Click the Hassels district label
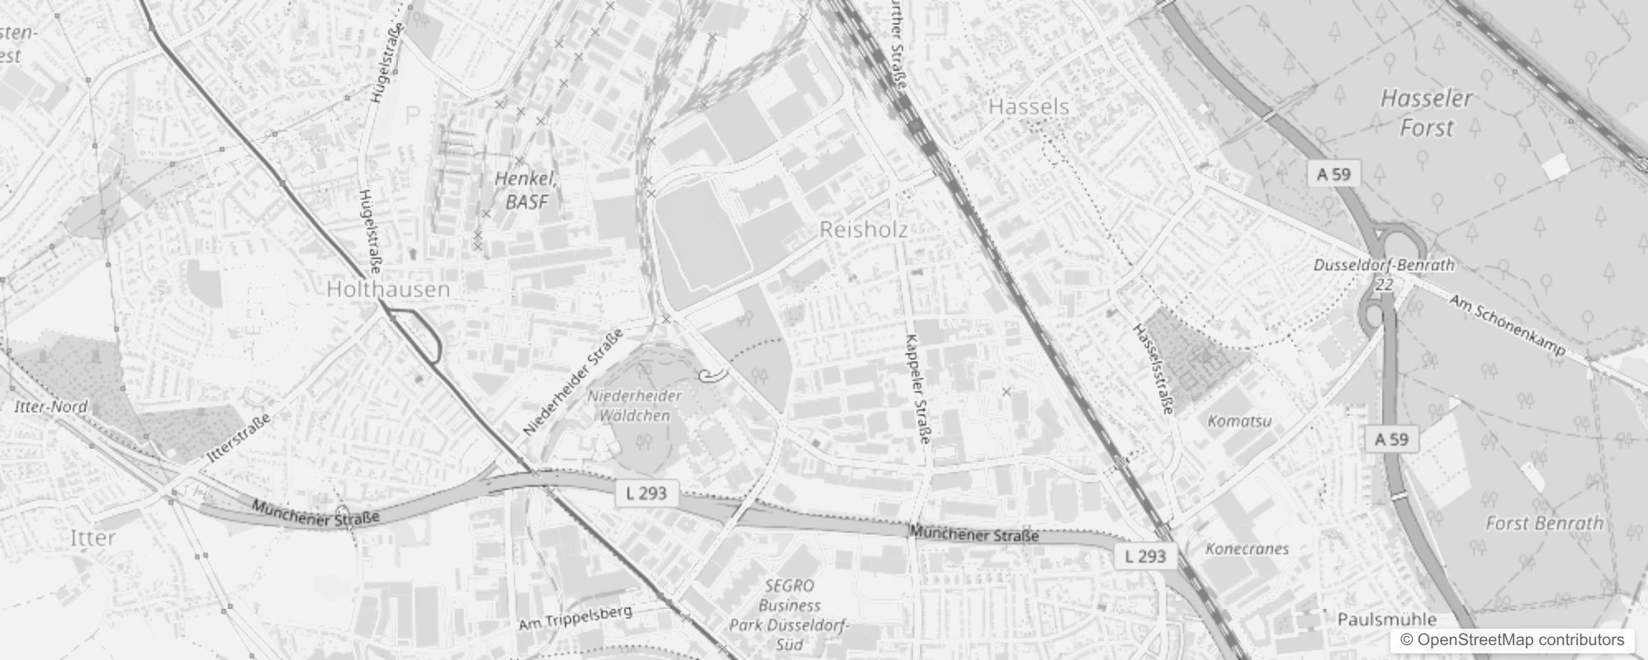tap(1028, 106)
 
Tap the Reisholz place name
tap(863, 230)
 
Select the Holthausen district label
tap(388, 289)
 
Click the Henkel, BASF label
tap(527, 190)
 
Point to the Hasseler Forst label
tap(1426, 113)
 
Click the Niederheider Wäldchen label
tap(635, 405)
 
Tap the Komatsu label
tap(1239, 421)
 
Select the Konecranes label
tap(1247, 549)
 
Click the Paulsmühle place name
tap(1386, 619)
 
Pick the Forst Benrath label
tap(1544, 523)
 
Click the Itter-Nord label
tap(50, 407)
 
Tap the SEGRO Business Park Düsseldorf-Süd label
tap(788, 615)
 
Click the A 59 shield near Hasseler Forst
tap(1333, 174)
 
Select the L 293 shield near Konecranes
tap(1145, 556)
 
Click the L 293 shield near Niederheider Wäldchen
tap(646, 494)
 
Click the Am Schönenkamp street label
tap(1507, 326)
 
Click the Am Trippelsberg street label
tap(575, 618)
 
